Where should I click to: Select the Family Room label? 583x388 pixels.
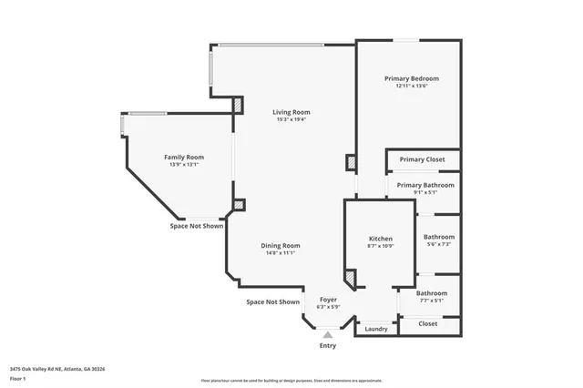(x=183, y=157)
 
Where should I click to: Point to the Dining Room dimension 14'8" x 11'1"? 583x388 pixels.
(x=281, y=252)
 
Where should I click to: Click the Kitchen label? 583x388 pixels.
(x=380, y=239)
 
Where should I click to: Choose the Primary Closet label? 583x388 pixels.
(x=422, y=159)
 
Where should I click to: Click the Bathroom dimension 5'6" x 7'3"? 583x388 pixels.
(x=438, y=244)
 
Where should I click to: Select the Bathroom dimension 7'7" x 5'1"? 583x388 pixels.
(x=431, y=300)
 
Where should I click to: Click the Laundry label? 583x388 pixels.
(x=375, y=328)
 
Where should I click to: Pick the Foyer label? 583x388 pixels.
(x=327, y=299)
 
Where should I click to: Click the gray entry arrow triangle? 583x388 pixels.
(x=327, y=334)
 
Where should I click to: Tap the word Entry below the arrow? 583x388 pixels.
(x=327, y=346)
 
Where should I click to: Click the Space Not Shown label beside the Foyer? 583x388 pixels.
(x=272, y=301)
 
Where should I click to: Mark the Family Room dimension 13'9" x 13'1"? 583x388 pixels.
(x=183, y=165)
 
